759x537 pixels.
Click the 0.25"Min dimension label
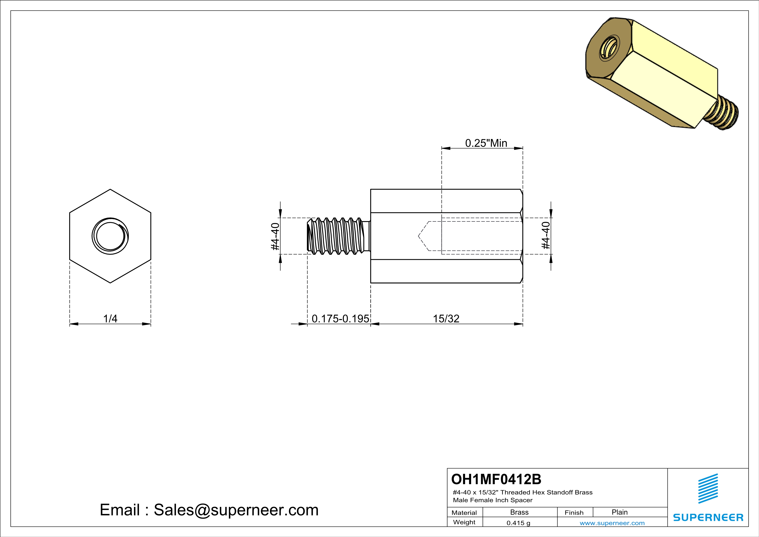pos(486,143)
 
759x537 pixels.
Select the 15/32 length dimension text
pos(446,319)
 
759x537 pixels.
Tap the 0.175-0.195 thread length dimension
pos(340,319)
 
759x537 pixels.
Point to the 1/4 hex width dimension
pos(110,319)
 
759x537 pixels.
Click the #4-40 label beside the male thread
pos(275,236)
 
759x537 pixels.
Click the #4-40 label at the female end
pos(546,235)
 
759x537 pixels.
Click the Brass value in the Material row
pos(519,512)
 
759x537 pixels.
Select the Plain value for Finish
pos(619,512)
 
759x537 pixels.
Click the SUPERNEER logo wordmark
pos(708,518)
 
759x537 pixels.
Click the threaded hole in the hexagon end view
pos(110,236)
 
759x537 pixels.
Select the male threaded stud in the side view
pos(337,236)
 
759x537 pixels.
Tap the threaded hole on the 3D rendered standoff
pos(609,51)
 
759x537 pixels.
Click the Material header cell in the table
pos(464,513)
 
